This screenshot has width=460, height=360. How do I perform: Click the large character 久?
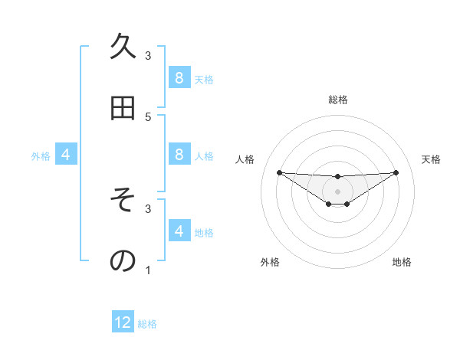123,47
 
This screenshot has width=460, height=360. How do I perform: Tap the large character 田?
123,109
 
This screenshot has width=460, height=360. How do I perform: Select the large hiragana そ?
123,201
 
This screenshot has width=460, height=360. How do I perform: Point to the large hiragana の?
123,261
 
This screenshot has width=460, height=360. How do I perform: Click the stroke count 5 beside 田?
148,116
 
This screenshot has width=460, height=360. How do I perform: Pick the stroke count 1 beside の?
148,270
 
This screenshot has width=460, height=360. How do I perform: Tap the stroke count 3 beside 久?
148,55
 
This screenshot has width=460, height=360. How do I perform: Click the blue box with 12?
123,322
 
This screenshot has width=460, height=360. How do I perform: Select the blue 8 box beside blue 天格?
179,77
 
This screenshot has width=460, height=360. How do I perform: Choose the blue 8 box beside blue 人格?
179,155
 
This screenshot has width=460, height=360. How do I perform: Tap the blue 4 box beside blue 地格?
179,231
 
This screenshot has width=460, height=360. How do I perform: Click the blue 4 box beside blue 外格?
65,155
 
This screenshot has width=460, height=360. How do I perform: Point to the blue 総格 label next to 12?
147,324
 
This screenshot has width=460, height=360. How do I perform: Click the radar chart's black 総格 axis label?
337,100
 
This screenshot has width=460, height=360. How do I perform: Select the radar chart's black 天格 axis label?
431,159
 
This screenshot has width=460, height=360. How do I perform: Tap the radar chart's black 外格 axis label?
270,262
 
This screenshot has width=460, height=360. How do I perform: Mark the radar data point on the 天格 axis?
396,172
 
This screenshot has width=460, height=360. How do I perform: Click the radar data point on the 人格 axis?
279,172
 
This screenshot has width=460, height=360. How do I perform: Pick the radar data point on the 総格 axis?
337,177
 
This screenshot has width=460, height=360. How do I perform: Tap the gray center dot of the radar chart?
337,191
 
